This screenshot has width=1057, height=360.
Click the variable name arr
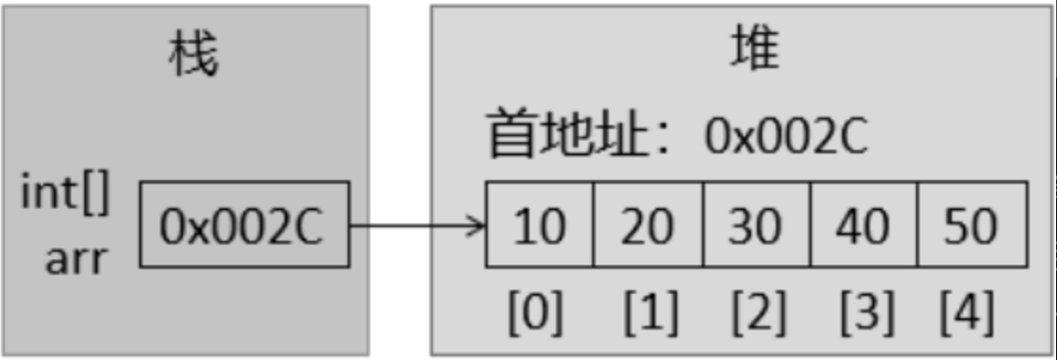[x=75, y=256]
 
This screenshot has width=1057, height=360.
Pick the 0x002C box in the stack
[x=244, y=225]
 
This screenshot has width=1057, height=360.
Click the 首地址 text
[x=549, y=135]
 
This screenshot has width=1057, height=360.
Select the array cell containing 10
[x=540, y=225]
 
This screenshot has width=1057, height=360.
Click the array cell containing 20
[x=648, y=225]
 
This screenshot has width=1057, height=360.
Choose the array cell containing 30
[x=756, y=225]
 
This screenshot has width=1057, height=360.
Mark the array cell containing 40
[x=864, y=225]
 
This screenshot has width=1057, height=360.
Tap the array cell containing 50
[x=972, y=225]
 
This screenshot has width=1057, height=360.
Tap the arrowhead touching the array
[x=476, y=225]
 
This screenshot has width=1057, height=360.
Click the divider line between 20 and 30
[x=702, y=225]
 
